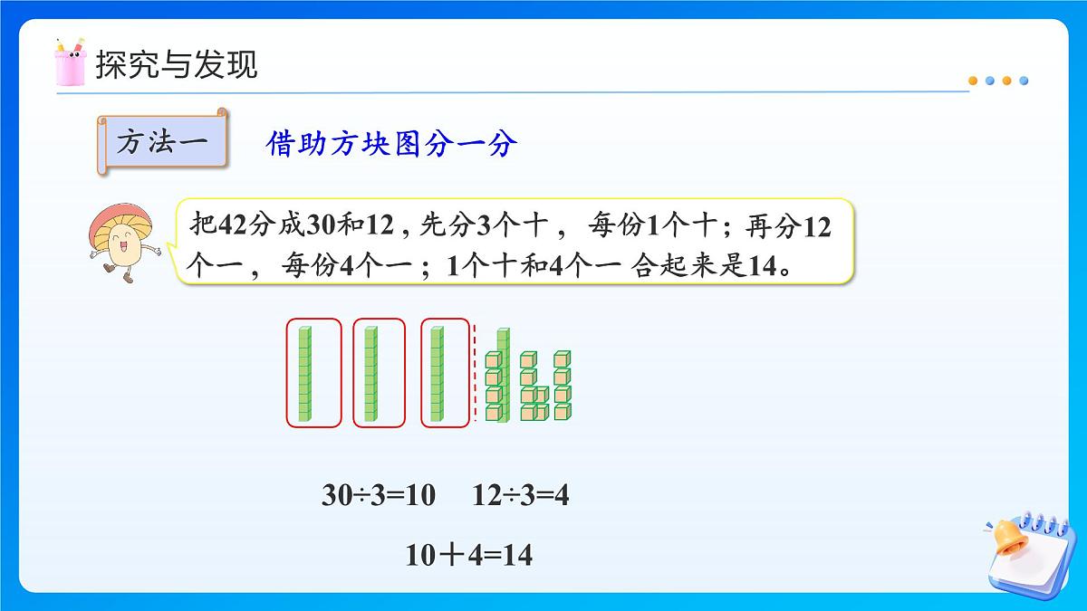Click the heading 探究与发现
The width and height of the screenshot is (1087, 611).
(177, 65)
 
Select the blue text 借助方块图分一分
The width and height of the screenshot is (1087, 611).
(391, 143)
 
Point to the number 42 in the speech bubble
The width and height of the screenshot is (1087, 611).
(234, 225)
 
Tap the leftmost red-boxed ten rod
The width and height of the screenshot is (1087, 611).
(305, 373)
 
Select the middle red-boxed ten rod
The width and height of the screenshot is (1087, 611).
(370, 373)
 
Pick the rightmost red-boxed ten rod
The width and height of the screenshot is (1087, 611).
(438, 373)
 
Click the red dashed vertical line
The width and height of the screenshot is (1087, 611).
(475, 373)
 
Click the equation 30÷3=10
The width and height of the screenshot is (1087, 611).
(378, 495)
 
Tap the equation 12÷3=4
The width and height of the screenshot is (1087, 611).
(520, 495)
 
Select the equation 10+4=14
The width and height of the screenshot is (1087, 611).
(468, 555)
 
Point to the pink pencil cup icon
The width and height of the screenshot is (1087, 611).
(70, 62)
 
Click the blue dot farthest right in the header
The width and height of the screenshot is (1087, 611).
(1024, 81)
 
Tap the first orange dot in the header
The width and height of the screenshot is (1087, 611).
(973, 81)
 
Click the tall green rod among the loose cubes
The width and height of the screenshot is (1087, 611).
(503, 373)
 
